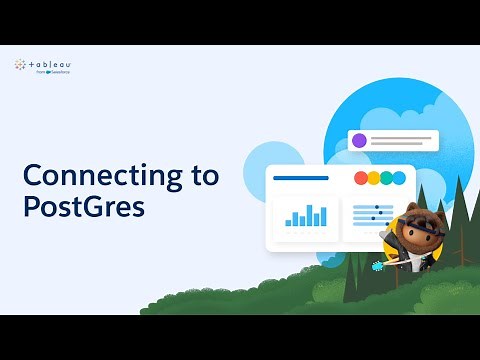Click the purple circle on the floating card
(359, 140)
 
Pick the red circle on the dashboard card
(361, 178)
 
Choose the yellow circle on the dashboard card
(373, 178)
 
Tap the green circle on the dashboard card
(386, 178)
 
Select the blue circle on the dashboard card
(399, 178)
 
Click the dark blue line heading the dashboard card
(300, 178)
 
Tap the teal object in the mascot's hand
(378, 266)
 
